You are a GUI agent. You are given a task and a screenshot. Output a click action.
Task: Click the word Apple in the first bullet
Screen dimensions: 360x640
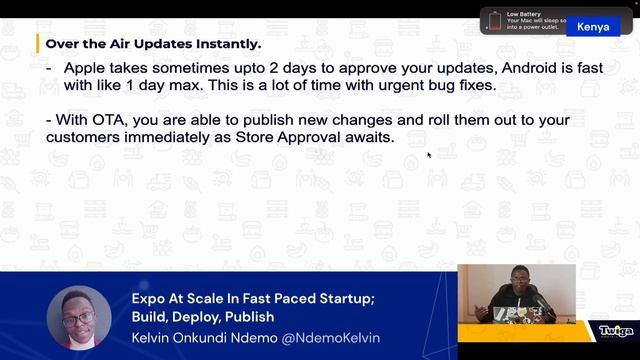click(x=86, y=68)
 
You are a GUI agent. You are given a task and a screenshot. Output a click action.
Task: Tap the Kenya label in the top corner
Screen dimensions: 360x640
click(x=593, y=27)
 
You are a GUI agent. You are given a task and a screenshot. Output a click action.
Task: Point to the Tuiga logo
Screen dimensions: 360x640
click(x=616, y=330)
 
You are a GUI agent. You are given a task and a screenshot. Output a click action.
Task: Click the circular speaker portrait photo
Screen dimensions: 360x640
click(x=79, y=317)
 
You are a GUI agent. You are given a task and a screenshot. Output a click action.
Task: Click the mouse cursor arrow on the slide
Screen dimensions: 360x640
click(x=429, y=155)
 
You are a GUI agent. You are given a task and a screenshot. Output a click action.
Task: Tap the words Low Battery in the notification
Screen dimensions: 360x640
click(x=524, y=14)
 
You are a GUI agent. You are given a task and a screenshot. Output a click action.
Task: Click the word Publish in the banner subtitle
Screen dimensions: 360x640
click(x=249, y=317)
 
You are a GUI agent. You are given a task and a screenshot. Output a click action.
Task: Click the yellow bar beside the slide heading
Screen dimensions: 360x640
click(x=38, y=44)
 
